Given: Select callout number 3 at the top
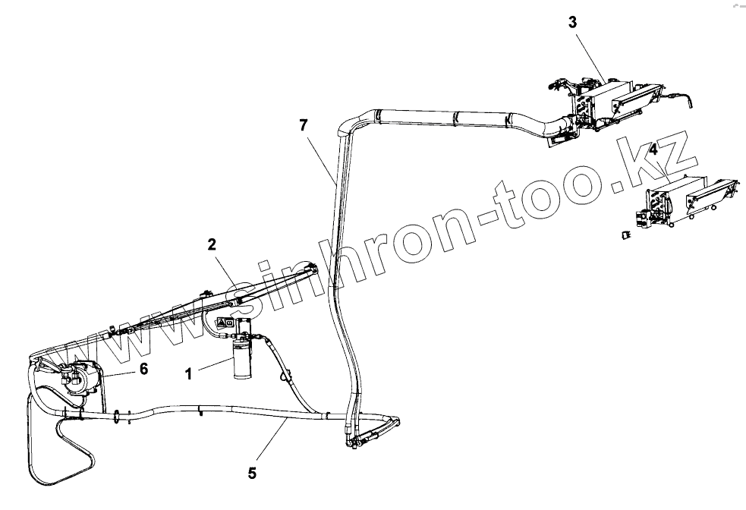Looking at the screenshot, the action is [572, 22].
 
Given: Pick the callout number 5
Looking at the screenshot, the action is [252, 473].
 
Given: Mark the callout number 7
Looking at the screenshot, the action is [304, 125].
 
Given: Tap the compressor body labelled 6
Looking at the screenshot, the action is [76, 377].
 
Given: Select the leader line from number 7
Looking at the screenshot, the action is [320, 156].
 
